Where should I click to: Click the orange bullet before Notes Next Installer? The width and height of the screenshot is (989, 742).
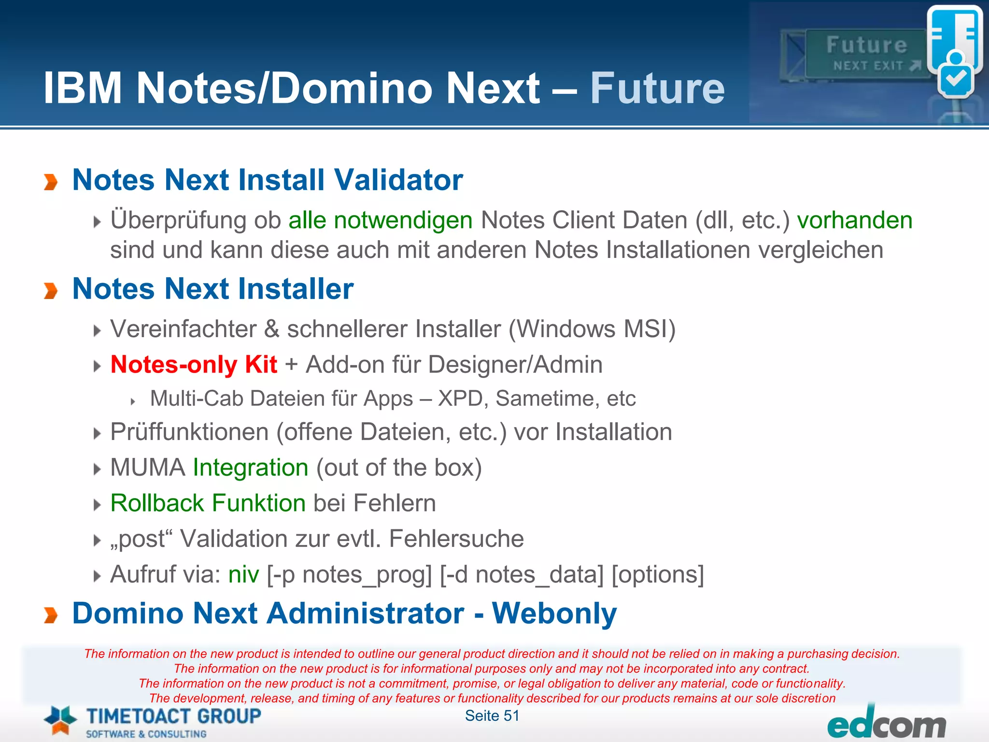coord(51,291)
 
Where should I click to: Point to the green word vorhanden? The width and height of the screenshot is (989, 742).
coord(854,220)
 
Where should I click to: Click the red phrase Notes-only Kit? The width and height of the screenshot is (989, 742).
coord(194,364)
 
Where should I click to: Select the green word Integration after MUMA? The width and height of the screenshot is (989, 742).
coord(250,468)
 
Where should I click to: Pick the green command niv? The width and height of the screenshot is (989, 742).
coord(243,575)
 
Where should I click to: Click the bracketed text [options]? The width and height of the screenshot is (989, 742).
coord(657,575)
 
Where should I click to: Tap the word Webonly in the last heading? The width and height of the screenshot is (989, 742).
coord(554,614)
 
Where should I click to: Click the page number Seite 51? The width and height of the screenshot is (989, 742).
coord(492,715)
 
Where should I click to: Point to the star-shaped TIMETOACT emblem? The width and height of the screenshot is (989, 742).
coord(60,720)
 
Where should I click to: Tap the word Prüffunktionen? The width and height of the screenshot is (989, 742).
coord(189,432)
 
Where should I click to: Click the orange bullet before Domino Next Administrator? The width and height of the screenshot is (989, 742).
coord(51,615)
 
